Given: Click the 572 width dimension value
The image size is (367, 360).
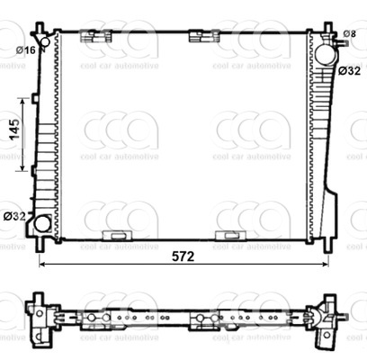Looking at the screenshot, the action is pos(183,256).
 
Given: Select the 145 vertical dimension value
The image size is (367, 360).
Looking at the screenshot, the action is pos(14,130).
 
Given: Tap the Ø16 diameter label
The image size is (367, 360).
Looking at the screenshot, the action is pos(26,50).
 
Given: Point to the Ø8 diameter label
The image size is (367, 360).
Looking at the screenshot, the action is pos(350,34).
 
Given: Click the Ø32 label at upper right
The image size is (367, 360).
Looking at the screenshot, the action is pos(349,71).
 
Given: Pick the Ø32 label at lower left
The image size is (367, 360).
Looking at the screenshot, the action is pos(14,216).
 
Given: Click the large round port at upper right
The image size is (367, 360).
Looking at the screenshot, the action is pos(327,54).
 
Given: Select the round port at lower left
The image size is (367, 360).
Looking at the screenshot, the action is pos(42,224).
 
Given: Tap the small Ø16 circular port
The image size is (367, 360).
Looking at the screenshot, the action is pos(45,41).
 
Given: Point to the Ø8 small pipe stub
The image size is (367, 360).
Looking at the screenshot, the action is pos(342,43).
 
